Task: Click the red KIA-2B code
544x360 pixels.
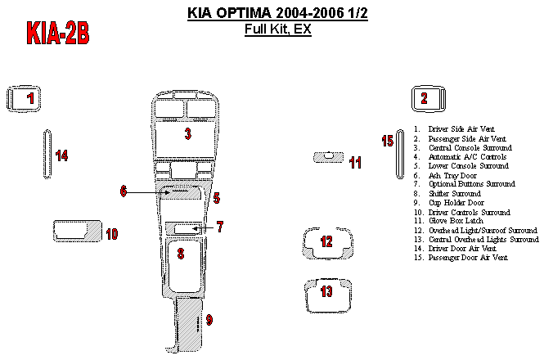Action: pos(57,34)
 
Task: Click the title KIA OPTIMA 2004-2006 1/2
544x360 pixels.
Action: pos(277,14)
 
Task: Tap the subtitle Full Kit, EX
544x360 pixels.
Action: pos(277,30)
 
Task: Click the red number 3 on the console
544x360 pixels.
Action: pos(187,134)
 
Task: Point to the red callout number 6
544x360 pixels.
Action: pos(124,191)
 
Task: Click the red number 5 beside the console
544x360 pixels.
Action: pos(216,198)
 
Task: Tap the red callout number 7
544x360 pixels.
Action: pos(219,227)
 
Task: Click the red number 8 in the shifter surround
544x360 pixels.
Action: pos(181,254)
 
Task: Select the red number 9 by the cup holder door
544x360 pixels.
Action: pos(209,320)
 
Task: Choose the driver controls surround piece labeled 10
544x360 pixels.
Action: pos(75,230)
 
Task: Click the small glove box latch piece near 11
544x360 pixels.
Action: pos(329,157)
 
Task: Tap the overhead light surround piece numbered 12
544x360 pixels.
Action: pos(327,242)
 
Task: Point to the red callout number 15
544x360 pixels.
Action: pos(388,142)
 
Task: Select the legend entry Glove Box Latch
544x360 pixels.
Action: pos(456,221)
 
